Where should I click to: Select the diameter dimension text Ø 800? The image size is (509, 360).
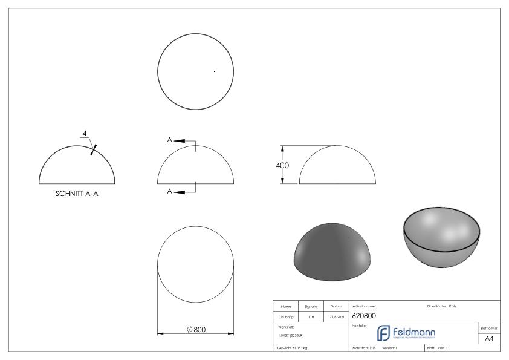click(196, 329)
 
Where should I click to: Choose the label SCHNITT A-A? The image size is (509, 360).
click(77, 195)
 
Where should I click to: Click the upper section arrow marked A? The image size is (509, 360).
click(178, 140)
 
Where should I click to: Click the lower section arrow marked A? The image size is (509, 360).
click(178, 192)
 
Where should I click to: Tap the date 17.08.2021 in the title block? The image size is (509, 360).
click(336, 316)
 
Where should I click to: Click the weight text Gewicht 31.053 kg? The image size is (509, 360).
click(293, 349)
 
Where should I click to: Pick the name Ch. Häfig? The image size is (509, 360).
click(286, 316)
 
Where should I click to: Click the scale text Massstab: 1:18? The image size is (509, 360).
click(365, 349)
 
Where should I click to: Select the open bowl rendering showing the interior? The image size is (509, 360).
click(442, 237)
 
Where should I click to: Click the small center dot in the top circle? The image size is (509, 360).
click(215, 72)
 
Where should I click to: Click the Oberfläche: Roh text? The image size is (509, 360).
click(441, 306)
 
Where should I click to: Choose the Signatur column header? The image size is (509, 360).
click(311, 306)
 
